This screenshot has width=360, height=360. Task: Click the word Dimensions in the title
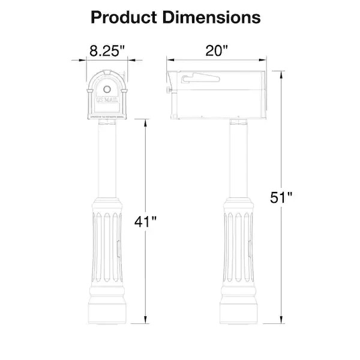tap(214, 17)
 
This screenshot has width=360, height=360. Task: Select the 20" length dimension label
tap(217, 50)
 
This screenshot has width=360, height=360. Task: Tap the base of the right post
tap(239, 312)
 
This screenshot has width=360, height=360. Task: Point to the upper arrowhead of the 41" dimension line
tap(145, 122)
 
